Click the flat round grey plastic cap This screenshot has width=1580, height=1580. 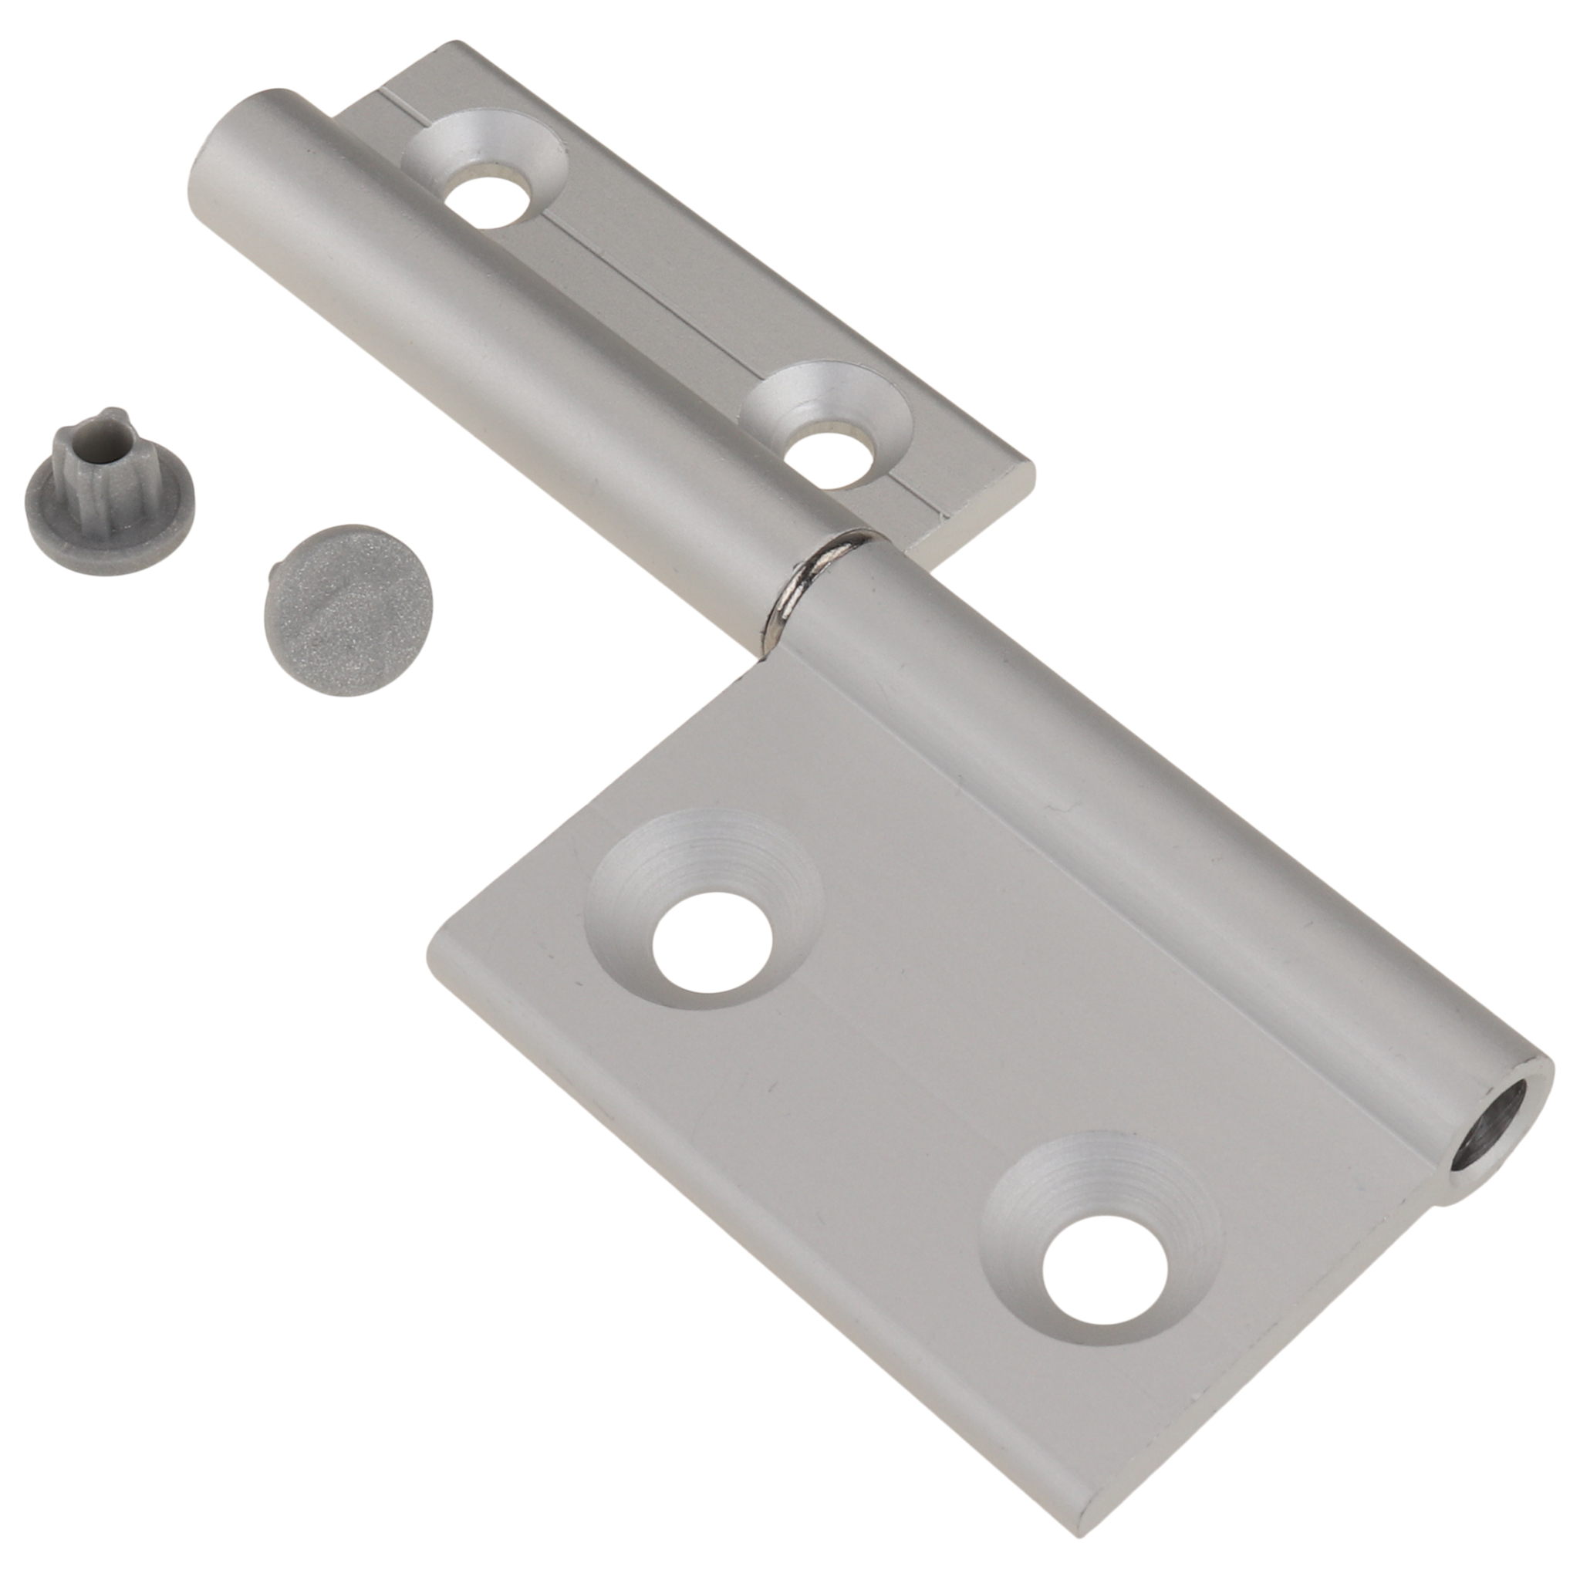pos(353,610)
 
